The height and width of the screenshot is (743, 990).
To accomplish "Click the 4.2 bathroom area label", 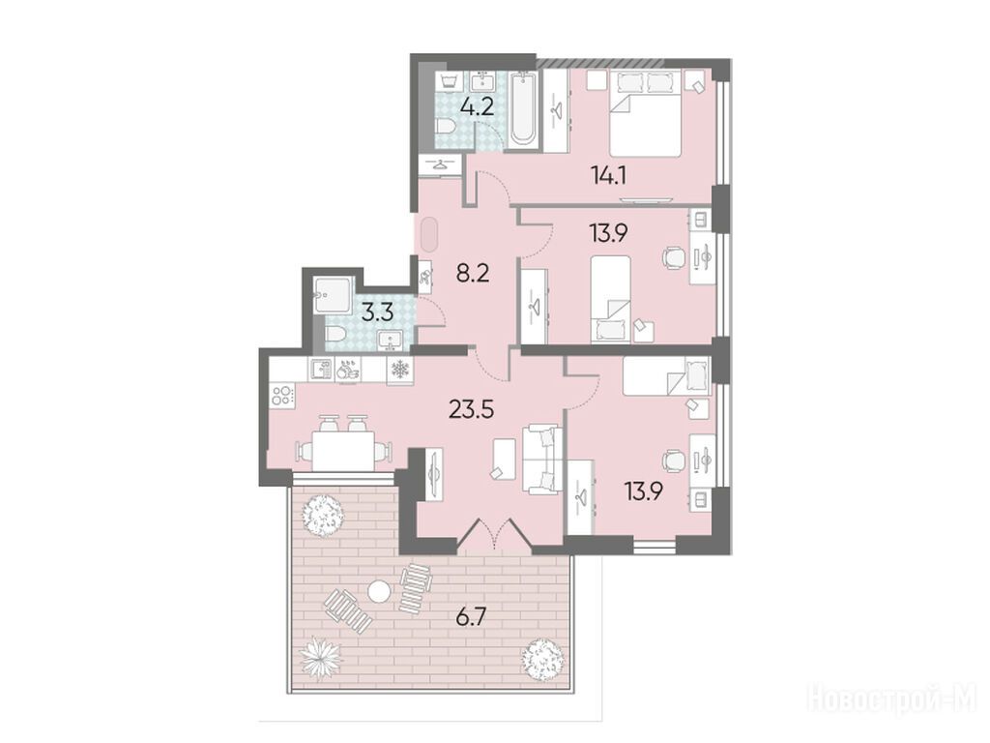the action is [x=477, y=106].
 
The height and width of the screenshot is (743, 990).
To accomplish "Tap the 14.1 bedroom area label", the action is [x=609, y=175].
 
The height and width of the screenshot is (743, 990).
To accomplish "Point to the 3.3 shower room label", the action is [x=378, y=312].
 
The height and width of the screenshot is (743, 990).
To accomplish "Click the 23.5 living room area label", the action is [x=471, y=409].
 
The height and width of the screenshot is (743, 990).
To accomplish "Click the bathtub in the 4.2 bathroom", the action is [x=525, y=108].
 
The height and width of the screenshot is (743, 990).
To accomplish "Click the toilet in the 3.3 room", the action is [x=334, y=334].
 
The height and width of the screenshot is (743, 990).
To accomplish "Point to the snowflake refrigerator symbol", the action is [x=399, y=370].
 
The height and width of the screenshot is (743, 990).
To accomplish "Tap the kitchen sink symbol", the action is [x=320, y=370].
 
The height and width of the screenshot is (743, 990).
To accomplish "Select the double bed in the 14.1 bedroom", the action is [x=645, y=114].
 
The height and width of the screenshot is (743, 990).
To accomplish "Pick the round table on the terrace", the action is [x=379, y=592].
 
